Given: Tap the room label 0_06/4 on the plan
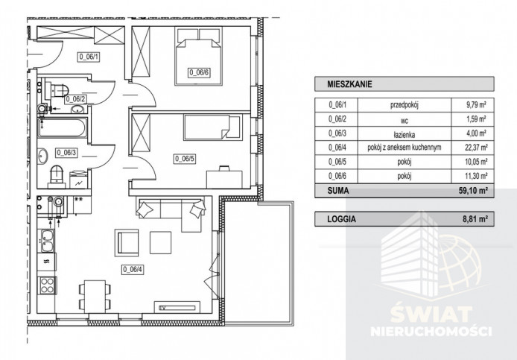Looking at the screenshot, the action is click(x=133, y=269).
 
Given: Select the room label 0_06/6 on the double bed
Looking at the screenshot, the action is click(x=199, y=72).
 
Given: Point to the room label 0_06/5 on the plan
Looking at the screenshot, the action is click(x=185, y=159).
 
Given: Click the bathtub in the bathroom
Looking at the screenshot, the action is click(x=62, y=127).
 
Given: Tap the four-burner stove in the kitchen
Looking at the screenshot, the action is click(x=47, y=285).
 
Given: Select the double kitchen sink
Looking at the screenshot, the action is click(x=46, y=241).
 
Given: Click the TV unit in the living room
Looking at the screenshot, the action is click(x=177, y=307).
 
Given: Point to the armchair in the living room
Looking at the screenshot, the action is click(x=127, y=243).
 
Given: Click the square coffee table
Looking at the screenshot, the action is click(x=161, y=242).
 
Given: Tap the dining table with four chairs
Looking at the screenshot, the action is click(x=95, y=297).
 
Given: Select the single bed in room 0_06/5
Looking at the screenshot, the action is click(x=213, y=127).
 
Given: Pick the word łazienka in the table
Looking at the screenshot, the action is click(x=405, y=135).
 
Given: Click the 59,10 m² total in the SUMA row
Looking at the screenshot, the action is click(x=474, y=191).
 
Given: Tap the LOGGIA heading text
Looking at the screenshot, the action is click(x=342, y=219).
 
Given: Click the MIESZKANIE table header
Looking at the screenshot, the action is click(x=349, y=84).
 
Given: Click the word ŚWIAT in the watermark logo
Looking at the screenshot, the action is click(x=431, y=315).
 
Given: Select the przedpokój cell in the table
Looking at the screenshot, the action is click(x=405, y=106).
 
